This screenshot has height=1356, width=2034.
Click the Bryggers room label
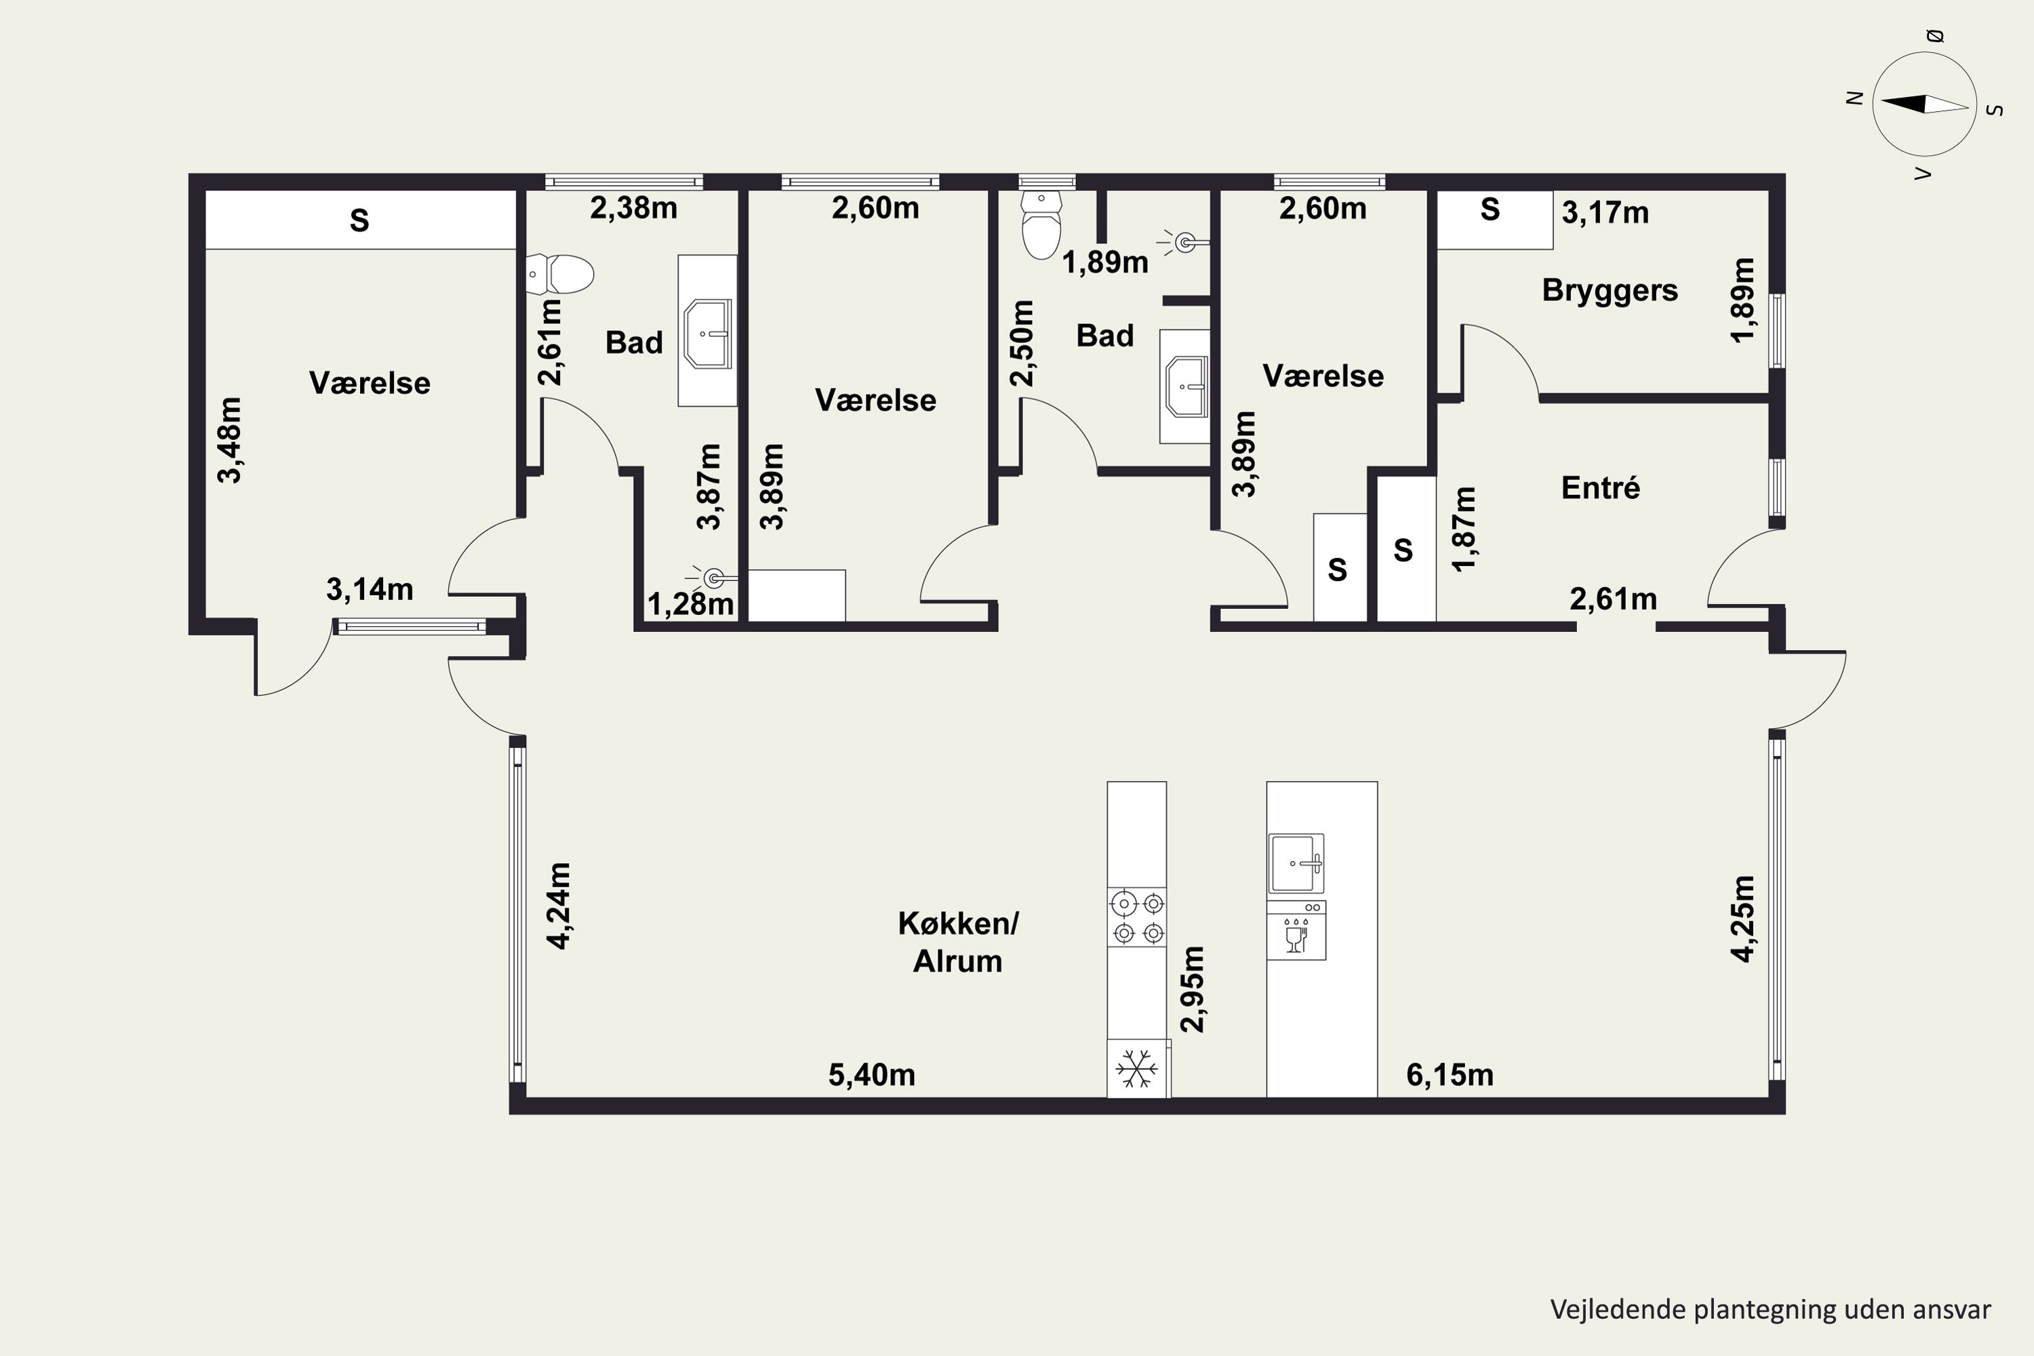tap(1610, 292)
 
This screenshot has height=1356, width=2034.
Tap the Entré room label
tap(1601, 487)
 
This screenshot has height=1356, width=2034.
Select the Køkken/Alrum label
tap(958, 942)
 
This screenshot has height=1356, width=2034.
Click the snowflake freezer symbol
tap(1136, 1069)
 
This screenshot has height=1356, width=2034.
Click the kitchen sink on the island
tap(1296, 863)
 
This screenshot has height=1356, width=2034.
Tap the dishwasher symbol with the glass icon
tap(1296, 930)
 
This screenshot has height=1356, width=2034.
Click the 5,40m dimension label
tap(872, 1075)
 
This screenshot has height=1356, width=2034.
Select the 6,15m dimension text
tap(1450, 1075)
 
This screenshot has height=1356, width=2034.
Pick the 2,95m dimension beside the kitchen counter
tap(1193, 989)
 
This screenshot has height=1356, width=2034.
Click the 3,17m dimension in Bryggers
tap(1605, 213)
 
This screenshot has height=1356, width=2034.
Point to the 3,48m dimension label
tap(230, 439)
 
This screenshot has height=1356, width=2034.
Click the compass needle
tap(1924, 104)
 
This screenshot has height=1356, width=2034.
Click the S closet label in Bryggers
tap(1489, 210)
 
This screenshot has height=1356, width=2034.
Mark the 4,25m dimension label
tap(1743, 919)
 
